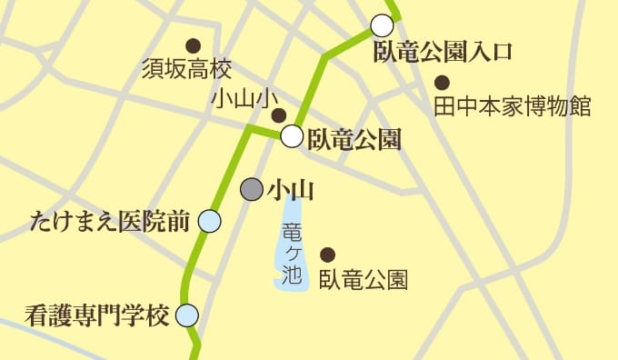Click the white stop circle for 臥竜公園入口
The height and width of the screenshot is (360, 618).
[x=383, y=25]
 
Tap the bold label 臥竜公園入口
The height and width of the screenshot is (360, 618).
[x=444, y=51]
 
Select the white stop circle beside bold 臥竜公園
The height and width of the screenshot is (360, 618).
[x=291, y=137]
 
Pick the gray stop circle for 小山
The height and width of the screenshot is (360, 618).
[x=251, y=189]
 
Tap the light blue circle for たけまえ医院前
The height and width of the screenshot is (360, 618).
[x=209, y=221]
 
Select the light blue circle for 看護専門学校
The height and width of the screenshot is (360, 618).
[x=186, y=316]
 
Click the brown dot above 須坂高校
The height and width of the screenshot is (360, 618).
[x=193, y=45]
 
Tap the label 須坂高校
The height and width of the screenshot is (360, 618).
[x=187, y=69]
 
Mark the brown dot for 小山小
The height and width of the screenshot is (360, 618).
[x=279, y=115]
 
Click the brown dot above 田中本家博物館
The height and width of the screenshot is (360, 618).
[x=442, y=80]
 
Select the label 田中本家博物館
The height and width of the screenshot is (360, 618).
[x=513, y=106]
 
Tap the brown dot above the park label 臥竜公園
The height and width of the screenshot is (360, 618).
[x=328, y=254]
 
